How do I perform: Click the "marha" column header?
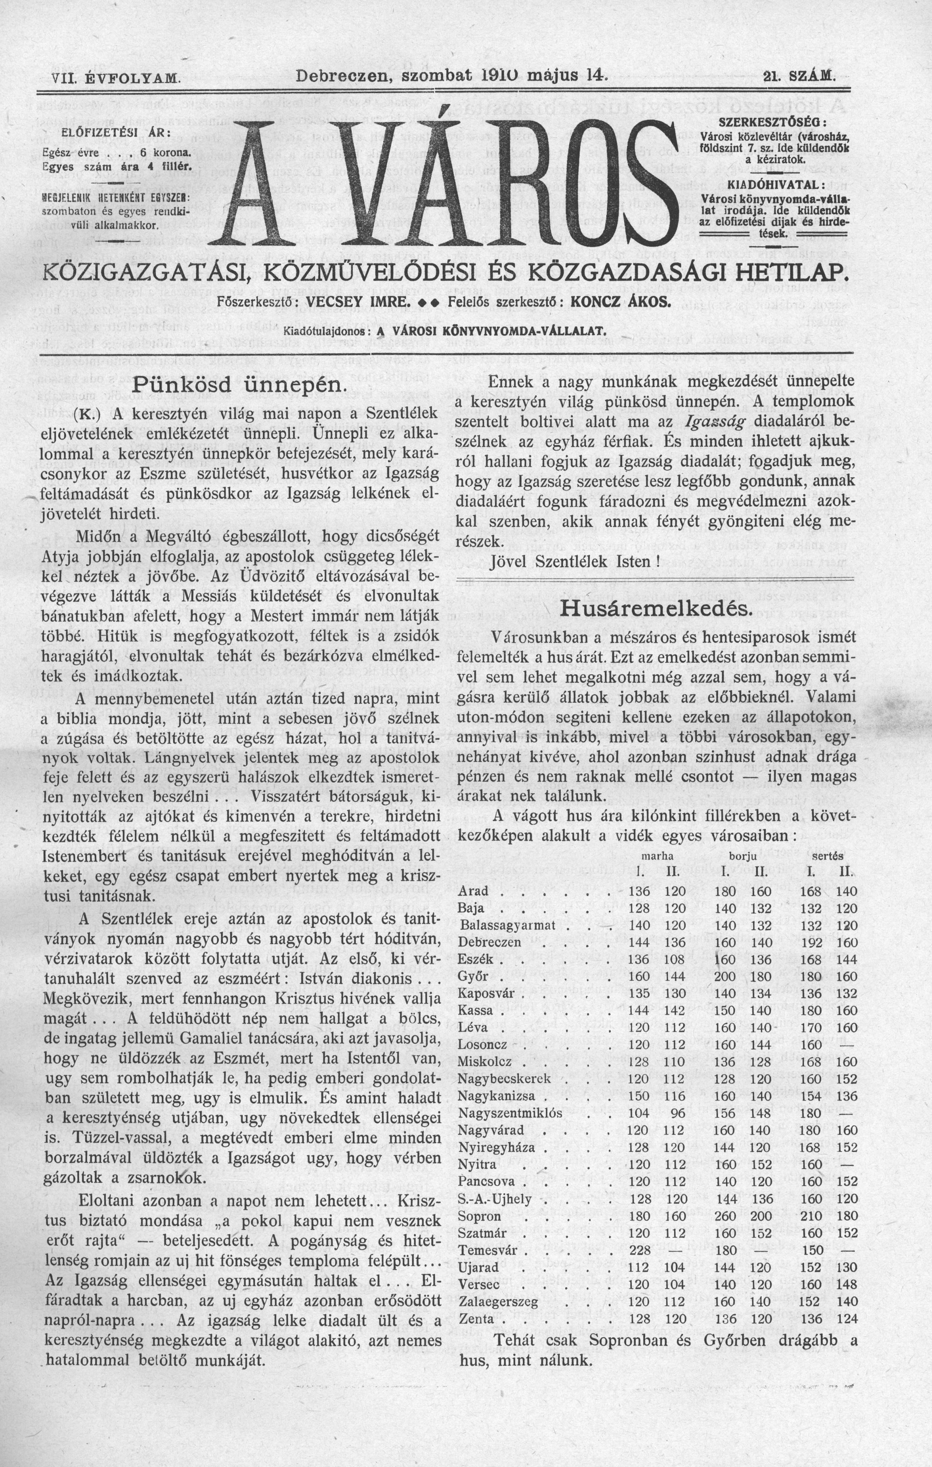pos(650,856)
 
